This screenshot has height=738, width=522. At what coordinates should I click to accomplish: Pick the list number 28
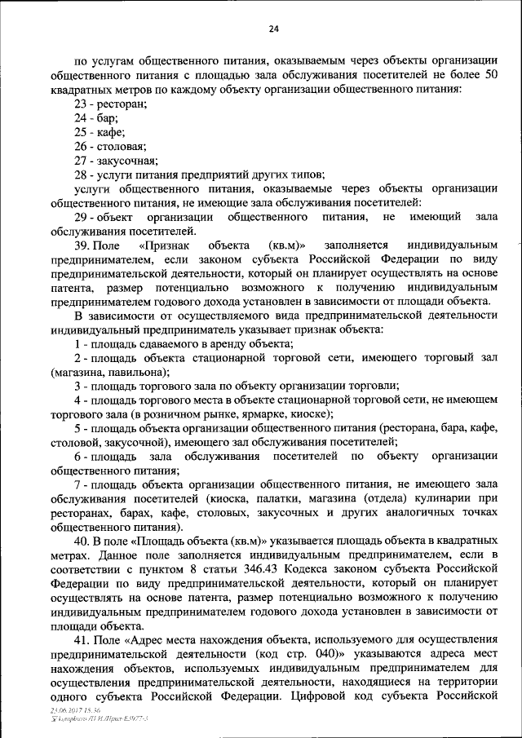pos(80,174)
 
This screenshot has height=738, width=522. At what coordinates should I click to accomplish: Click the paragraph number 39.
pos(81,245)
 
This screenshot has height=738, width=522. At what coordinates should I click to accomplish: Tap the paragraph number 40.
pos(81,541)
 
